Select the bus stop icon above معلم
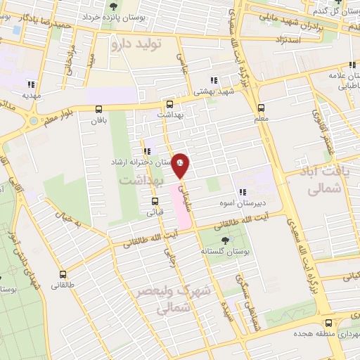261,108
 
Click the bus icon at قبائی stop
155,200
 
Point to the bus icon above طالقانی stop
63,274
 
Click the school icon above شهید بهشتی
214,80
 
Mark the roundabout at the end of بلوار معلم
33,122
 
